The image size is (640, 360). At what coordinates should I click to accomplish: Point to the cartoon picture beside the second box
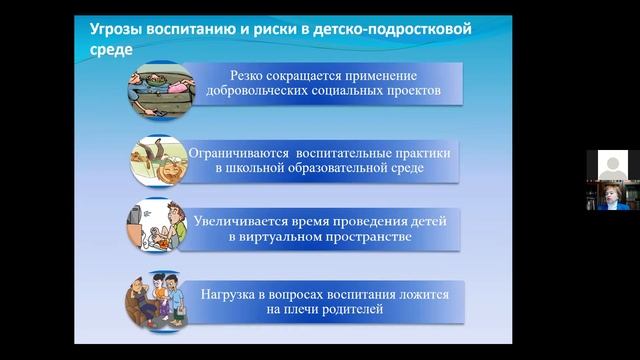(x=158, y=161)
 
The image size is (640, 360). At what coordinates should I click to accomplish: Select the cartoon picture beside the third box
(x=156, y=226)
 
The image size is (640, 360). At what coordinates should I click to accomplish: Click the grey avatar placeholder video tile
(x=613, y=165)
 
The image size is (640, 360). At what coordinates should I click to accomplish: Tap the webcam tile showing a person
(x=613, y=196)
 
